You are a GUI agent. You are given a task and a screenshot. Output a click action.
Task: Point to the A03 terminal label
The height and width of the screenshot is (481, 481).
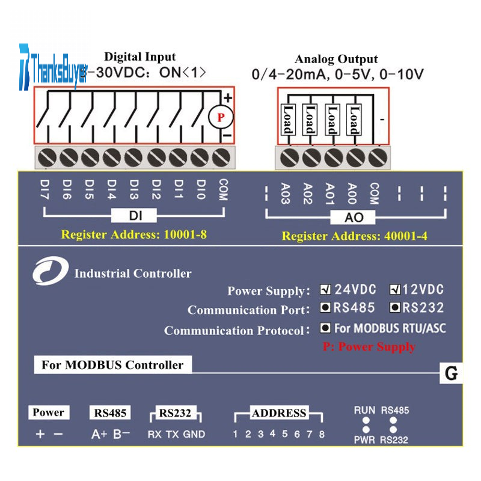point(286,194)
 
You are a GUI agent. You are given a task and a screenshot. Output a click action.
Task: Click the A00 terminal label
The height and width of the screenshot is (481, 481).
point(352,194)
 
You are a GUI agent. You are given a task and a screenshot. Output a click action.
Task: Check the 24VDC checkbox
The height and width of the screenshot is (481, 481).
point(325,289)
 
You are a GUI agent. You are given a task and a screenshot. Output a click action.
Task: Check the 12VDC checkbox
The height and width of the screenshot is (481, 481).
point(395,289)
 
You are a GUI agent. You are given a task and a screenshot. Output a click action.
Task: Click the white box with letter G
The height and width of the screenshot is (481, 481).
point(450,373)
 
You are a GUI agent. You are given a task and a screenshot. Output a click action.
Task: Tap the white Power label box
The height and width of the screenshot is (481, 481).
point(48,412)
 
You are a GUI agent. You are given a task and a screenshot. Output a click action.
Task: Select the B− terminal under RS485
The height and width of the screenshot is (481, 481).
point(121,434)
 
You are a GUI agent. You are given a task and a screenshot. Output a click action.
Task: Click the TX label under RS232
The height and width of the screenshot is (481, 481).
point(172,434)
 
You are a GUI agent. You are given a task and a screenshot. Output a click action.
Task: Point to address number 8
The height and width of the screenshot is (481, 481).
point(322,434)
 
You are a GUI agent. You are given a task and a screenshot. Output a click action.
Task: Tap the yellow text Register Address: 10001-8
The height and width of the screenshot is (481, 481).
point(133,234)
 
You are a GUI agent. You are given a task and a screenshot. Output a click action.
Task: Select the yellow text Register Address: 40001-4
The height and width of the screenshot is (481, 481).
point(354,236)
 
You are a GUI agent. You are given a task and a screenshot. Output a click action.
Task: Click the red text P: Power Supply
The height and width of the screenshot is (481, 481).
point(369,347)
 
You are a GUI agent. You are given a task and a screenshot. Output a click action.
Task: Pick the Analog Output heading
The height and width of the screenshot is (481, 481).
point(336,59)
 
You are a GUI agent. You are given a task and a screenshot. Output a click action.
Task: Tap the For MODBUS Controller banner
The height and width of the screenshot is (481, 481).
point(112,365)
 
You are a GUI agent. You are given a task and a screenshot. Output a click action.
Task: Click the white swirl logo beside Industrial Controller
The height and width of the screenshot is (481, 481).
point(50,272)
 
